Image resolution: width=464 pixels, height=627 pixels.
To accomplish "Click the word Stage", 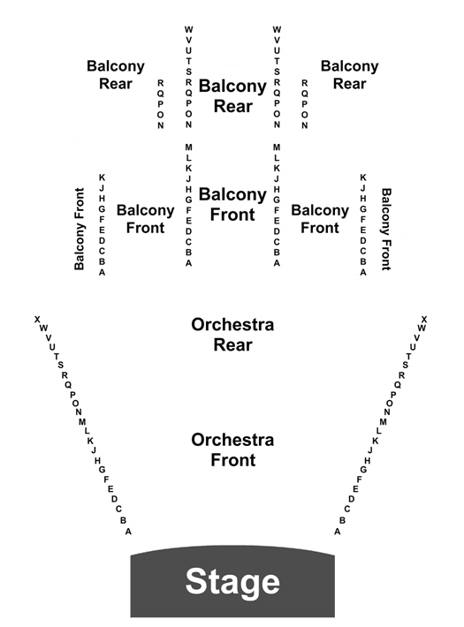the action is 232,582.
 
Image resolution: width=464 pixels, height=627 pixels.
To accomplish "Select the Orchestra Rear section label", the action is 232,335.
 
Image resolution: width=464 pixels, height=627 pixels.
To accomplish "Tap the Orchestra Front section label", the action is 232,449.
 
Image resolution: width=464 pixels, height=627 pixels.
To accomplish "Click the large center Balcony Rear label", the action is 232,96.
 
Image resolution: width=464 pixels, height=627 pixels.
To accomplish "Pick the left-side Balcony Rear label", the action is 116,75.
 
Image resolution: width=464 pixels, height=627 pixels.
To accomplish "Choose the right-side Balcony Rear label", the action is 349,75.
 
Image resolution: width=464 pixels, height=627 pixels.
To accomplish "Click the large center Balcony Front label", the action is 232,204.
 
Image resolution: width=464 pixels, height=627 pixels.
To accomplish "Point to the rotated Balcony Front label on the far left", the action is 80,229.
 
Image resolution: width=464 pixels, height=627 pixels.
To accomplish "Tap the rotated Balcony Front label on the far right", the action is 386,229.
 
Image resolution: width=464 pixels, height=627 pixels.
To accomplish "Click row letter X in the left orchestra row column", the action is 37,320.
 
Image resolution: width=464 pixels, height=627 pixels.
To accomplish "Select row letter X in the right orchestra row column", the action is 424,320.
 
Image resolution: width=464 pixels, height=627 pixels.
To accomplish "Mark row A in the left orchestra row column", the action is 128,532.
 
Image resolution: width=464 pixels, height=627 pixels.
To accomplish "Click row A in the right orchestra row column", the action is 338,532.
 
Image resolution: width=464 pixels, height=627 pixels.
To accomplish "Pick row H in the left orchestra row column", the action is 97,461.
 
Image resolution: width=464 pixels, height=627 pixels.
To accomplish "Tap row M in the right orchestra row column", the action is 383,422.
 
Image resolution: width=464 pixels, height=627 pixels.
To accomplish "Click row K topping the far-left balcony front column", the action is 102,178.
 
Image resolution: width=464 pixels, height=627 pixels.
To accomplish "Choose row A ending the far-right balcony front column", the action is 363,272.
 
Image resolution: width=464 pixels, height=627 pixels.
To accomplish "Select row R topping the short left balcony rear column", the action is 161,83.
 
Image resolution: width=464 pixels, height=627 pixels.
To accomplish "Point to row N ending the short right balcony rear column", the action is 305,125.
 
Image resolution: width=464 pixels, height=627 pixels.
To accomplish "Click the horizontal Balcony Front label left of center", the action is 145,219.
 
